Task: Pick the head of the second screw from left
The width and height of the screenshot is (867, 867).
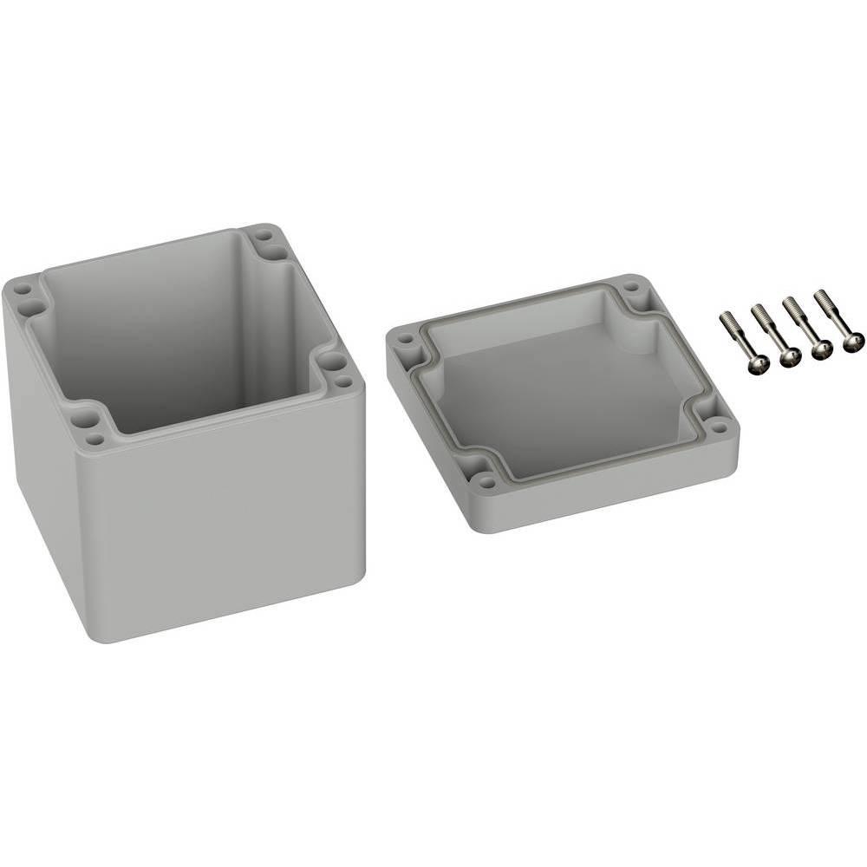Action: tap(789, 357)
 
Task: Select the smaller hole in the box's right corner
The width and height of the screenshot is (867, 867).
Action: tap(345, 381)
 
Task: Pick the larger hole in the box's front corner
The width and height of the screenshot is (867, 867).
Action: tap(88, 423)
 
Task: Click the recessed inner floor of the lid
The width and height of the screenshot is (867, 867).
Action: tap(555, 390)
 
